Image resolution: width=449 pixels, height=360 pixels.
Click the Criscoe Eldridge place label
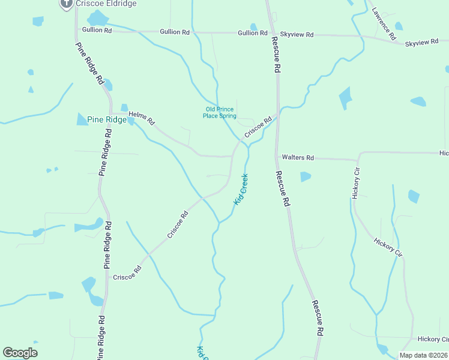(x=106, y=4)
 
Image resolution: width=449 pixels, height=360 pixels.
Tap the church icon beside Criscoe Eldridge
(x=66, y=3)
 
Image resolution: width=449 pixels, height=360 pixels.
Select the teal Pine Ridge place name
(x=107, y=119)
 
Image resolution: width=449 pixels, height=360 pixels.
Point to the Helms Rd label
(x=142, y=121)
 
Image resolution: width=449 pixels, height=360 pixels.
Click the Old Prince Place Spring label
(x=220, y=113)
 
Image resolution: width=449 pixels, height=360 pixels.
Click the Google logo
(x=20, y=353)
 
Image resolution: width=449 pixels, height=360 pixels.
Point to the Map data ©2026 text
(x=423, y=355)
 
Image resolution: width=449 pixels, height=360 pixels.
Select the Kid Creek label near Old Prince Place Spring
(x=241, y=190)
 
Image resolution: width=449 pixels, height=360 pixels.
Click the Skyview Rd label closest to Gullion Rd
(x=301, y=35)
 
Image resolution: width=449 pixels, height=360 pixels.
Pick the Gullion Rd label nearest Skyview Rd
(x=252, y=33)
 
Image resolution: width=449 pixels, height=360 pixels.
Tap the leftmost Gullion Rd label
(x=97, y=29)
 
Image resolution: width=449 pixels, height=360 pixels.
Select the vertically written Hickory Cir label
(x=356, y=184)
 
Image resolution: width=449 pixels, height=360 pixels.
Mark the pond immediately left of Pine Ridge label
(x=82, y=119)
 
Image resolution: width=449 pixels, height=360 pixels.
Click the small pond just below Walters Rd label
(x=306, y=177)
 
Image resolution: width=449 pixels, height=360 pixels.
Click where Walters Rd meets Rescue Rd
(x=277, y=157)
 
